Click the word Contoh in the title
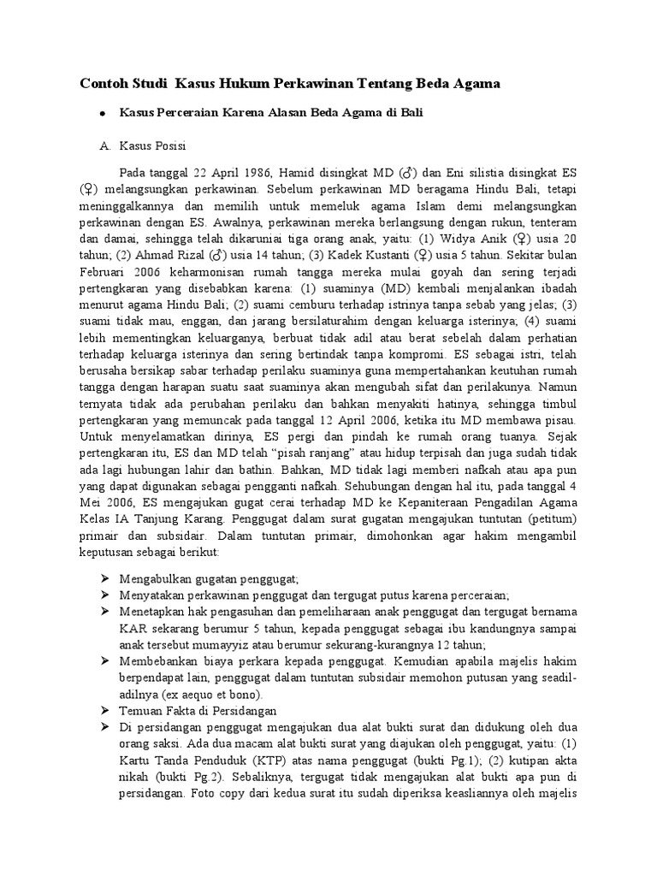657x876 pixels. pos(104,84)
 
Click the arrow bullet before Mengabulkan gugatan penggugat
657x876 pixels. pos(105,577)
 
